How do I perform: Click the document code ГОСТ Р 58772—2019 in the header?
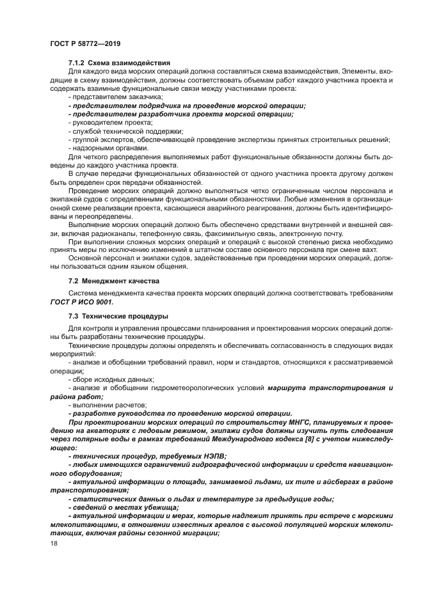[x=84, y=43]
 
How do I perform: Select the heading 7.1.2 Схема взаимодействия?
[x=118, y=63]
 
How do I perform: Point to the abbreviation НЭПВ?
[x=204, y=457]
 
